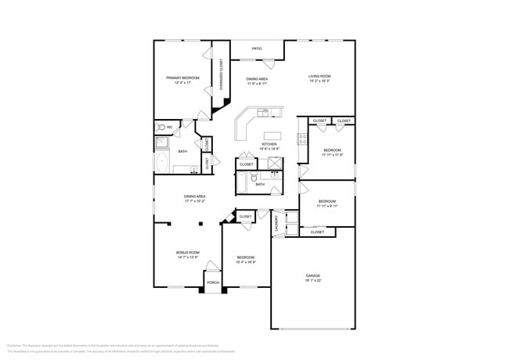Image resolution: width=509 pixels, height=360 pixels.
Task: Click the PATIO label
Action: tap(257, 49)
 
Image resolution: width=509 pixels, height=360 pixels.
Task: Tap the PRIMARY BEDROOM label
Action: tap(182, 77)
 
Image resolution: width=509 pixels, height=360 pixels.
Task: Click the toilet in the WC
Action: tap(162, 126)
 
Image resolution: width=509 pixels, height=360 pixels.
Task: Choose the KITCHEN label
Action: tap(269, 145)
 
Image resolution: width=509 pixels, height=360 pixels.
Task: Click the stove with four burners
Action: tap(301, 140)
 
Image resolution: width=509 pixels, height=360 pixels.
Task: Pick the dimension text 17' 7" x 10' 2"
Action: tap(195, 201)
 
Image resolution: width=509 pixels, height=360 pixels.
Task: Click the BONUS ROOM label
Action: tap(187, 252)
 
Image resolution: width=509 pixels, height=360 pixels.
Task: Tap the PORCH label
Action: tap(211, 283)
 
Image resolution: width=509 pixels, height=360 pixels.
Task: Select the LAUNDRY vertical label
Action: tap(276, 224)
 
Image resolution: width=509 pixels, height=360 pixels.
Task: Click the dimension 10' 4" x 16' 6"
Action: tap(246, 262)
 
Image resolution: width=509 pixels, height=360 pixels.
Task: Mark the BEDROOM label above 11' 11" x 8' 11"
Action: tap(327, 201)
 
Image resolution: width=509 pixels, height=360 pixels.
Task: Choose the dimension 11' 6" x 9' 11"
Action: tap(258, 84)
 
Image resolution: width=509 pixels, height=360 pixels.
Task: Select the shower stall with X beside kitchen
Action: tap(274, 163)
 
